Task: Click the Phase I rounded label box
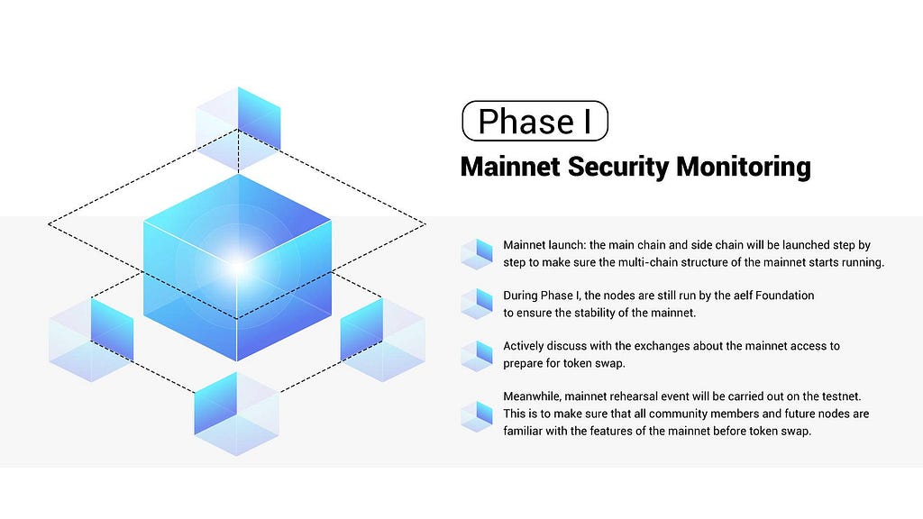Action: click(535, 122)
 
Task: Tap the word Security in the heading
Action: click(619, 167)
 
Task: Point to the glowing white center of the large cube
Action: click(237, 267)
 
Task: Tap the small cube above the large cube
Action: click(238, 129)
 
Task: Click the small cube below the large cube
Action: click(236, 414)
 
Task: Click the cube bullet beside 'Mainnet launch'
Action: click(476, 254)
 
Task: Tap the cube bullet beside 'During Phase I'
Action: click(476, 304)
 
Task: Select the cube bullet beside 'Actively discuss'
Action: click(476, 355)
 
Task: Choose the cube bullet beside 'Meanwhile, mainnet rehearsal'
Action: click(476, 414)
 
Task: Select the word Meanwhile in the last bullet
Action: click(531, 396)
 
